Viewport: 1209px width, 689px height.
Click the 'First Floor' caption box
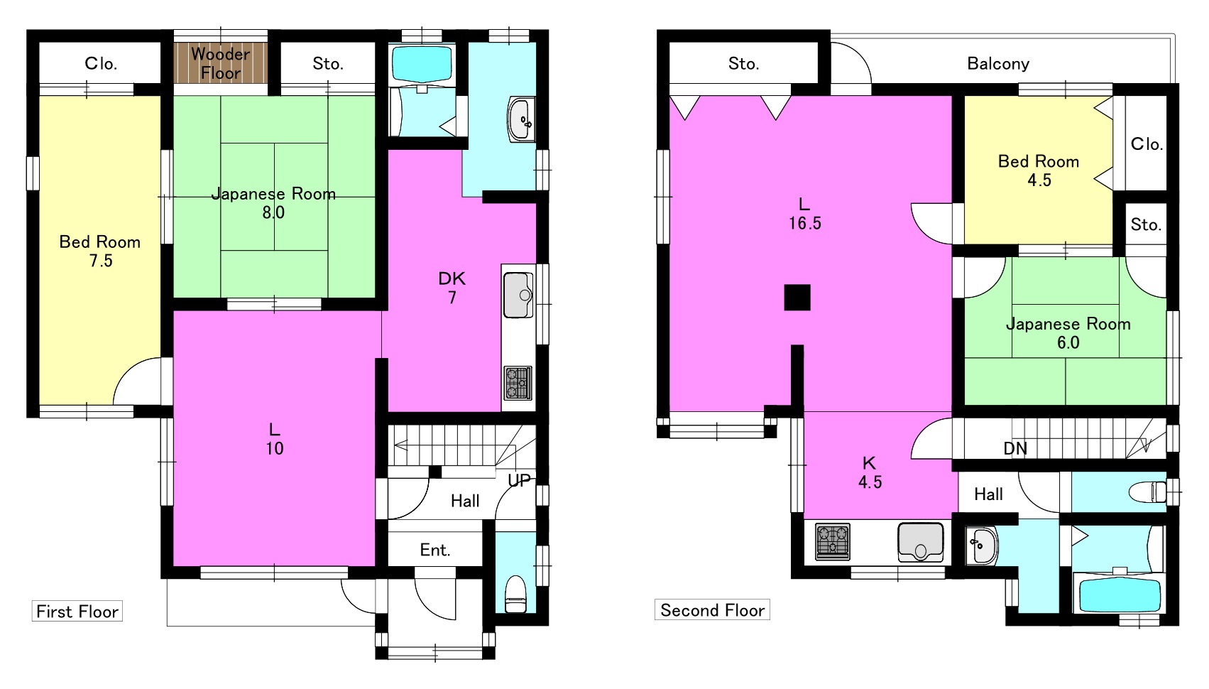point(77,612)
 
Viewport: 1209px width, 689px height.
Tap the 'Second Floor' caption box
point(712,609)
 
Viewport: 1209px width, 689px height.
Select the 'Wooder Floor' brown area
point(221,63)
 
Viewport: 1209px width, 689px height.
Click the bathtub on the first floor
point(422,65)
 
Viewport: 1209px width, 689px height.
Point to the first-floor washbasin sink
point(521,119)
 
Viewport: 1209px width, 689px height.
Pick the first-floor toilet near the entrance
point(515,594)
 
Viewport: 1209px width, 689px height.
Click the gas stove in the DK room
point(518,383)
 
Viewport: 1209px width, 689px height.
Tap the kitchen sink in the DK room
point(518,295)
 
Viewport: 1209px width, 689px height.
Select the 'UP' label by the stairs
point(519,480)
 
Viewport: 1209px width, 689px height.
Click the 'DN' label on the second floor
point(1015,448)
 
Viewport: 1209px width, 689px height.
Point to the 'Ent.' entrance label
point(435,550)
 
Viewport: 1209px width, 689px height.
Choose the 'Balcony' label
point(998,64)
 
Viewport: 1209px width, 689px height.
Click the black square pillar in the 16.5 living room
point(797,298)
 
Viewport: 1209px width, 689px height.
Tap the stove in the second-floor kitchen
point(832,541)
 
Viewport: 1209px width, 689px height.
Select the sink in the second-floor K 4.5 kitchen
point(920,541)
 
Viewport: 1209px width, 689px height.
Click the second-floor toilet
point(1147,492)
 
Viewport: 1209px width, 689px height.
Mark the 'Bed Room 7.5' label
point(100,251)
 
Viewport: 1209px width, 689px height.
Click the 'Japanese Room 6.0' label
point(1068,333)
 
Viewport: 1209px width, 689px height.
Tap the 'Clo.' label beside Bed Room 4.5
point(1147,144)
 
